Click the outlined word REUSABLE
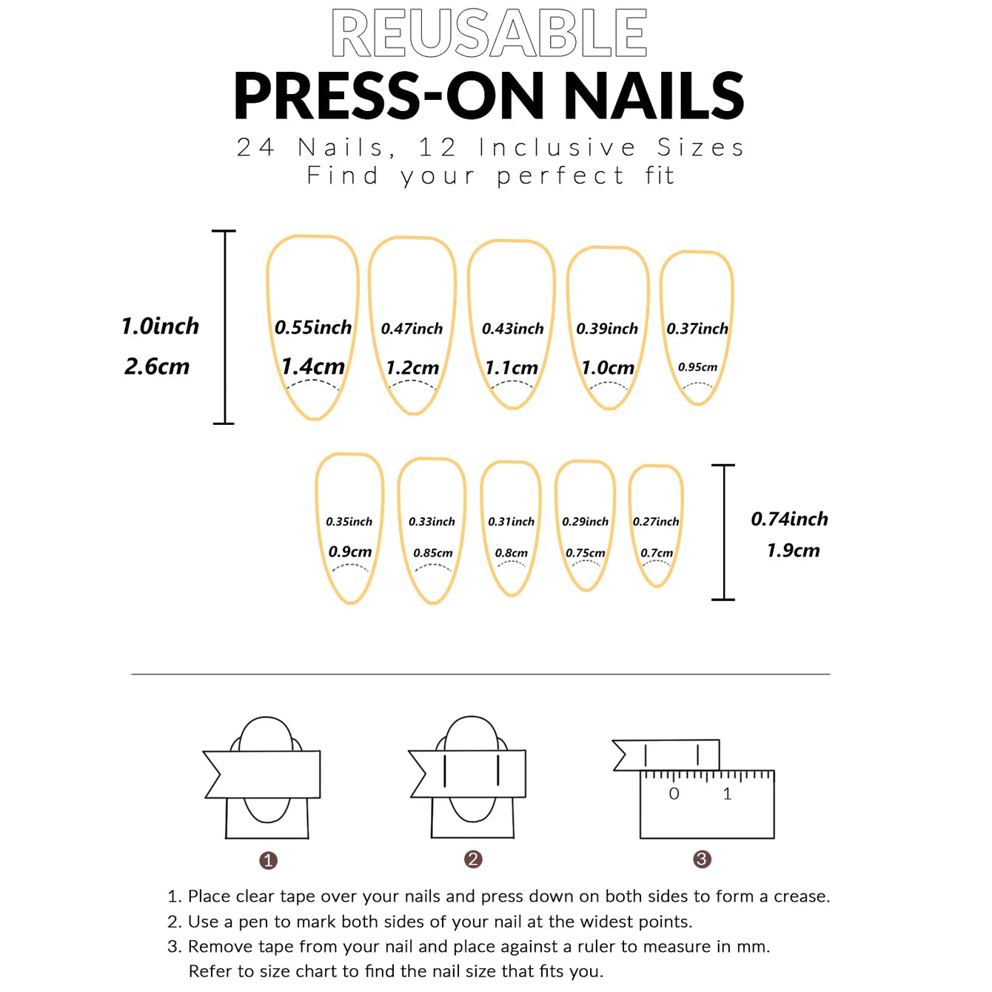[x=489, y=33]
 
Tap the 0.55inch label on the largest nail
[x=313, y=327]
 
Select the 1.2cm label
[x=412, y=367]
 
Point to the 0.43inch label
[x=512, y=329]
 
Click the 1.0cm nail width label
[x=608, y=367]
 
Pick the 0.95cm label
[x=697, y=367]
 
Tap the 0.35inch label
[x=349, y=522]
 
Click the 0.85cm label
[x=433, y=553]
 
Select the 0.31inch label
[x=511, y=522]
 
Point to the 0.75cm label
[x=585, y=553]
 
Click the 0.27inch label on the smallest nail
[x=656, y=522]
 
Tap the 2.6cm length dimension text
[x=157, y=366]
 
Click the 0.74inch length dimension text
[x=789, y=519]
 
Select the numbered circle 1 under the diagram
[x=268, y=860]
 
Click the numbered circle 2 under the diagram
[x=473, y=859]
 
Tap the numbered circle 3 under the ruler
[x=702, y=859]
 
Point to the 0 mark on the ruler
[x=674, y=794]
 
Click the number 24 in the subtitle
[x=255, y=147]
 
